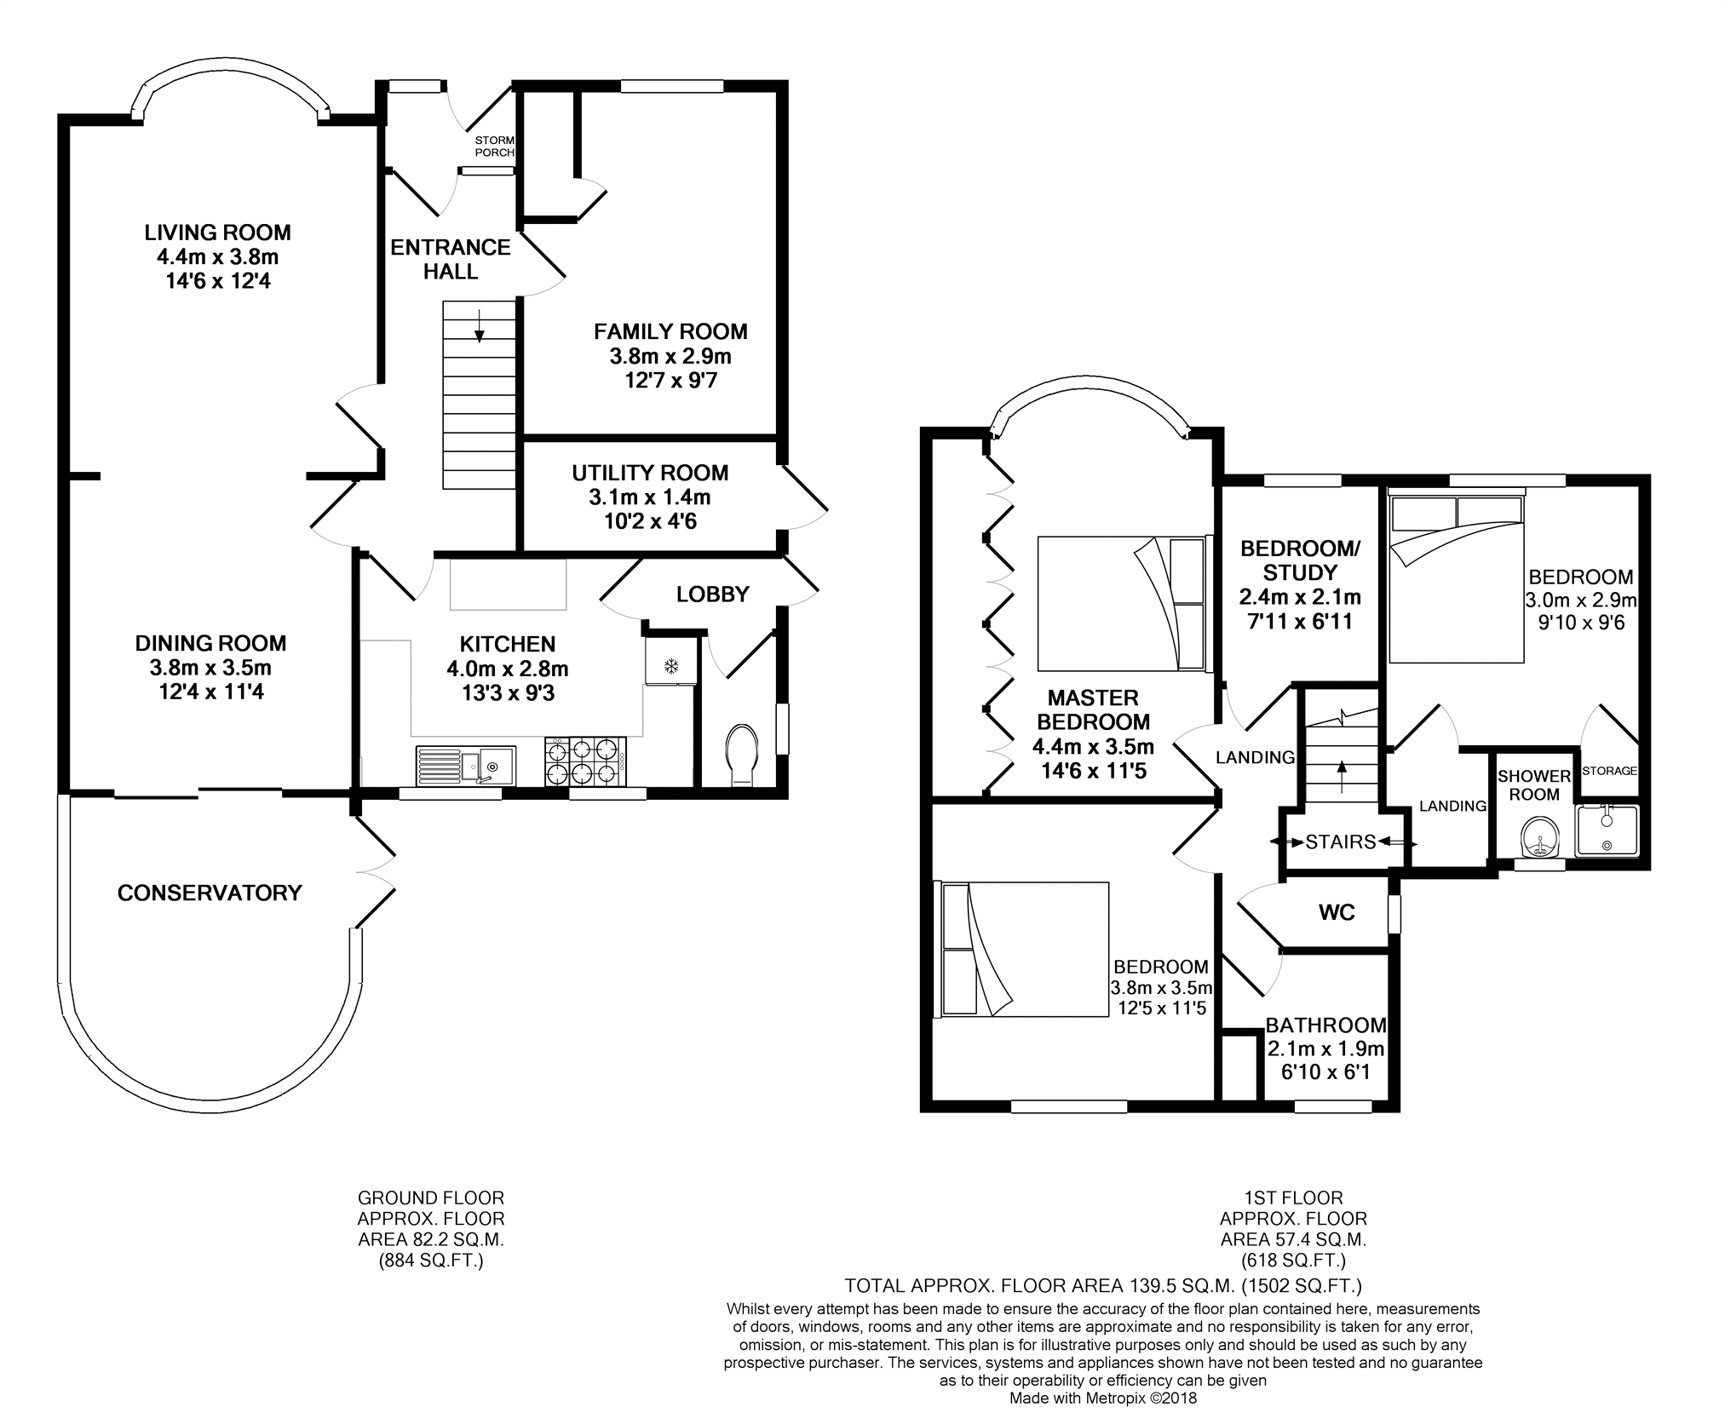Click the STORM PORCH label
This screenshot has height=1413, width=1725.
click(495, 146)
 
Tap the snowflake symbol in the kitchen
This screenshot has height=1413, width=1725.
click(671, 665)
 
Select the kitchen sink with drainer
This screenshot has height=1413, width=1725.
click(465, 766)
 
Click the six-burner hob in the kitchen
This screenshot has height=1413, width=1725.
click(584, 761)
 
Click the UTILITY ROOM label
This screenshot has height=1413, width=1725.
click(650, 473)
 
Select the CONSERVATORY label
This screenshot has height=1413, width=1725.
click(210, 893)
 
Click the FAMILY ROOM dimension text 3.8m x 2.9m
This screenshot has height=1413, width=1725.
click(670, 356)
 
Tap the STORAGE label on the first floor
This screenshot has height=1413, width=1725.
click(1609, 771)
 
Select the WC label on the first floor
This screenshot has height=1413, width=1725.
click(1337, 913)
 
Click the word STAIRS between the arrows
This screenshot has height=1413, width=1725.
click(1341, 841)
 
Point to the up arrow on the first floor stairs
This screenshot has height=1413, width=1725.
click(1343, 777)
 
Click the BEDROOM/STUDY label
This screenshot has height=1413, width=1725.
click(1300, 560)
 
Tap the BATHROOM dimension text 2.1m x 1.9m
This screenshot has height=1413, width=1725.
click(1325, 1049)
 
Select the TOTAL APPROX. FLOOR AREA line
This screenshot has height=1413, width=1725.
click(1103, 1285)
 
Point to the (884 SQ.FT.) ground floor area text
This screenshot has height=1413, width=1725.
click(431, 1261)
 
